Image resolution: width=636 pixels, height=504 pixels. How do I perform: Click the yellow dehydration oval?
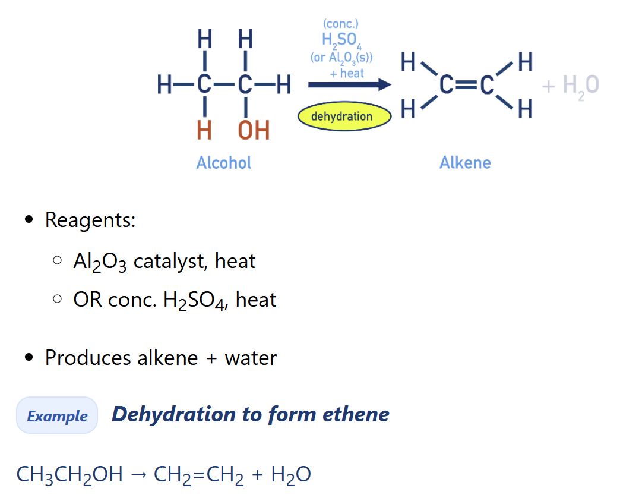pos(344,116)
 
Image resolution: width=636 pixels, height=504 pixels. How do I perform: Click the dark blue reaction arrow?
pos(350,85)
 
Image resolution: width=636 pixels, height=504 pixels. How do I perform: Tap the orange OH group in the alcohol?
pos(254,130)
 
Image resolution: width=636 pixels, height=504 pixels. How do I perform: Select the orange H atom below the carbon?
pos(204,130)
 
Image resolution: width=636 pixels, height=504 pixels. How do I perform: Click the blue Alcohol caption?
pos(224,163)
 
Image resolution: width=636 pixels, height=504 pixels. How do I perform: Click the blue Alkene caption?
pos(465,163)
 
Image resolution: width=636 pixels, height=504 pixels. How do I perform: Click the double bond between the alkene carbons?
pos(467,85)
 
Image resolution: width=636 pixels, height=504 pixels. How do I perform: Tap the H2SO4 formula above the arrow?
pos(341,40)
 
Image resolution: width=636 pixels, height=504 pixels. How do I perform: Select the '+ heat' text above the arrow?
pos(347,74)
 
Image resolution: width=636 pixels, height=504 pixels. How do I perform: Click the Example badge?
pos(57,415)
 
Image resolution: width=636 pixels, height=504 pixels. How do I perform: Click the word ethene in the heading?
pos(356,414)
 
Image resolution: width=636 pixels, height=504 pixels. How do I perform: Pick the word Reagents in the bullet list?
pos(90,220)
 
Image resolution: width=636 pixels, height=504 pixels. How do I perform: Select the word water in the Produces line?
pos(251,358)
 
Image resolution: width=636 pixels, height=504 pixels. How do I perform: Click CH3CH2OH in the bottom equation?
pos(69,475)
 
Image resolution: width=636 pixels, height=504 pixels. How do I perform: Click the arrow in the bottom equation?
pos(138,475)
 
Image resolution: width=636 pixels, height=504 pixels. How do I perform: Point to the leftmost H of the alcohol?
pos(164,85)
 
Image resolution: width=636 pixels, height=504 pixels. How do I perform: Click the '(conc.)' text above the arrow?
pos(341,24)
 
